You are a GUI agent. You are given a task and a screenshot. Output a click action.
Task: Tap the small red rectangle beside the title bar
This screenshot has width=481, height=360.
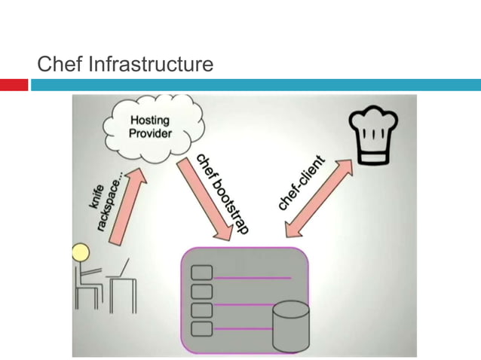(14, 85)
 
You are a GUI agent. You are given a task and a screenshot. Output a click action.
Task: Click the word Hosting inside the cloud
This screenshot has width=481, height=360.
(150, 121)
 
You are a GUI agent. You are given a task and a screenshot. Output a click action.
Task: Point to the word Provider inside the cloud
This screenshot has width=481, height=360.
(150, 134)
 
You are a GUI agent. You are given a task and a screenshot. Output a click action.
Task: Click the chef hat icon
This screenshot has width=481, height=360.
(372, 136)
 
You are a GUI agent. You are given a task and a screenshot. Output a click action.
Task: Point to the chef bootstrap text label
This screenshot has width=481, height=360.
(222, 194)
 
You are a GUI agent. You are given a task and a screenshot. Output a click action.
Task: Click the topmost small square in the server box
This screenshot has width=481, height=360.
(202, 273)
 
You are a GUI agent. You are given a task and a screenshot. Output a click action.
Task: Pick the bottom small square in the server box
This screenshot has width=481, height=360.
(202, 329)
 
